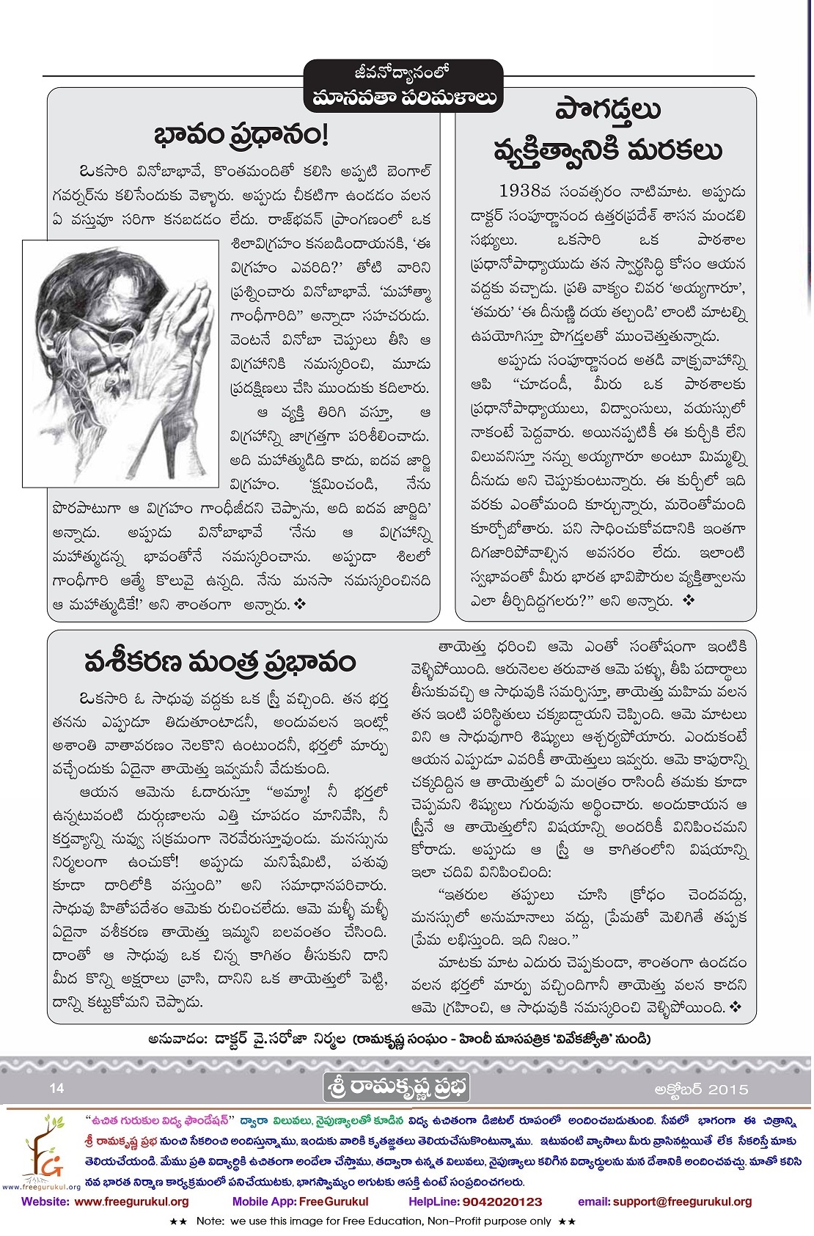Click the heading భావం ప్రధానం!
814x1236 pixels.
(241, 136)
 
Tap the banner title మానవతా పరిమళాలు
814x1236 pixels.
(403, 98)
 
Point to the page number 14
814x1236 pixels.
(57, 1088)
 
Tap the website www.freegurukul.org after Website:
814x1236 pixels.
(132, 1202)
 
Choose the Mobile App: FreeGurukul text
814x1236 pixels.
(300, 1202)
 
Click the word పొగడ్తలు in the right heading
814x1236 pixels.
(608, 112)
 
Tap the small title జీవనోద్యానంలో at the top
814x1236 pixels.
(403, 73)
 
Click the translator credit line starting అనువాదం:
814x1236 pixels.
(399, 1038)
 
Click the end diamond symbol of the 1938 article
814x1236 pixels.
(688, 600)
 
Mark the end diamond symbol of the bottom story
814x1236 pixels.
(736, 1007)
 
